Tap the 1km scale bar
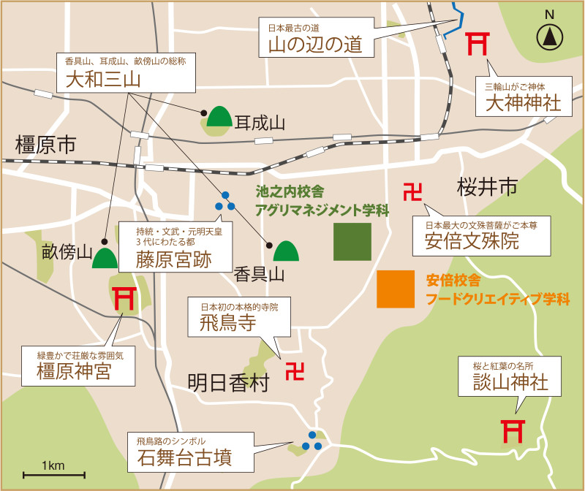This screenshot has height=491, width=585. pos(54,475)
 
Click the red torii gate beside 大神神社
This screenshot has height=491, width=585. pos(478,43)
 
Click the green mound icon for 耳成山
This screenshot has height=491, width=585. pos(218,117)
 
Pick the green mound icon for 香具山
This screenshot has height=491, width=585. pos(285,251)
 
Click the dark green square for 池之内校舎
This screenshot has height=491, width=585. pos(352,242)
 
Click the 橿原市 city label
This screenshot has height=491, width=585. pos(45,145)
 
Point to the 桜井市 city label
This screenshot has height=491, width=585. pos(487,188)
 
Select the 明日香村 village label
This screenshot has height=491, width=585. pos(229,382)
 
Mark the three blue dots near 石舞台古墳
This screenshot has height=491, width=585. pos(312,441)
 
